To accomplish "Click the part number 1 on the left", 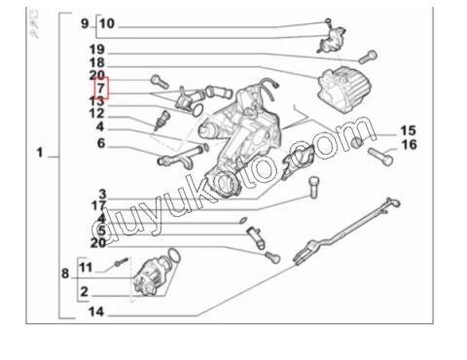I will point(40,154).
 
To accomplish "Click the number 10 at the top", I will point(106,23).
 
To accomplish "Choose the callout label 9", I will point(85,23).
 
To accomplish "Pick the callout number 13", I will point(97,101).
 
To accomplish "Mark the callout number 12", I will point(97,115).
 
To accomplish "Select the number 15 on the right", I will point(408,130).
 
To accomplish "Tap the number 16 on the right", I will point(408,145).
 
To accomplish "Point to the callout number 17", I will point(97,205).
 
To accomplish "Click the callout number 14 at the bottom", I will point(97,312).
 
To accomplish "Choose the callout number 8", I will point(65,274).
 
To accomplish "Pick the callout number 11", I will point(85,267).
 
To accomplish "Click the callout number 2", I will point(85,291).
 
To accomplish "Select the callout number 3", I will point(101,193).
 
